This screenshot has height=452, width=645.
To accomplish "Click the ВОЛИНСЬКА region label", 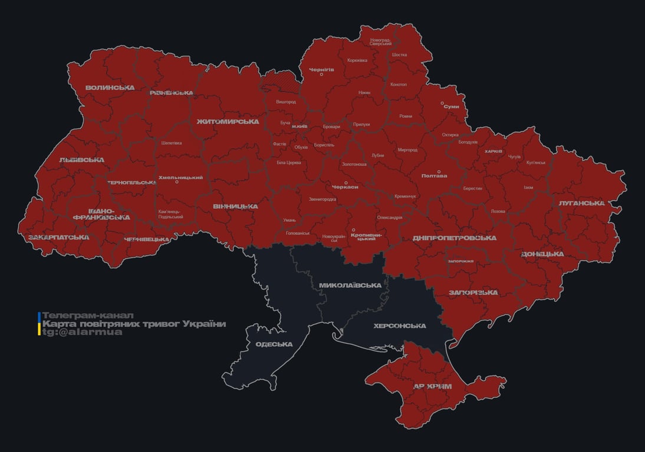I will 110,88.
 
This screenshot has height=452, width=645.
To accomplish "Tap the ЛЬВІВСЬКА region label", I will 81,159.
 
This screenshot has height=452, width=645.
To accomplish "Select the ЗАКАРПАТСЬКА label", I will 58,237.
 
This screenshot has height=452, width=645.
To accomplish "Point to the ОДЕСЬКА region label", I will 274,344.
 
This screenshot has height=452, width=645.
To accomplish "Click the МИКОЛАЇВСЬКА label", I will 350,285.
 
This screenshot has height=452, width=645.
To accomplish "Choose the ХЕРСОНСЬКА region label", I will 400,325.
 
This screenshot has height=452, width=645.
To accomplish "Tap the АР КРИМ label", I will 432,386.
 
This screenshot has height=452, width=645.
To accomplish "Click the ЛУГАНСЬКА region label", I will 582,203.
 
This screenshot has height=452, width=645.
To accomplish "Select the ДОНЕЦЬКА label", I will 542,254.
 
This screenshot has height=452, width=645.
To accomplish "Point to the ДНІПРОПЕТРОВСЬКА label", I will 454,238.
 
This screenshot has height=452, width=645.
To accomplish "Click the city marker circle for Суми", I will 442,103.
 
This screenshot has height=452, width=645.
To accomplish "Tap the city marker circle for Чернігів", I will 321,74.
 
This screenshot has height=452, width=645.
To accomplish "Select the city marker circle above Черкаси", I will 346,182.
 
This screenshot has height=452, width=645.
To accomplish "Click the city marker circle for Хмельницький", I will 176,182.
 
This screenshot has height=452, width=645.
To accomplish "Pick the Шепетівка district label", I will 172,143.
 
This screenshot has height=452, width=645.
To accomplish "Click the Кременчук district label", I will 405,196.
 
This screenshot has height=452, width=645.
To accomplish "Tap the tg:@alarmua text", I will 82,332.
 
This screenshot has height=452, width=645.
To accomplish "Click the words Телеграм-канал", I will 88,315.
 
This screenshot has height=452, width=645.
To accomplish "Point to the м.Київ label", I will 300,127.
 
